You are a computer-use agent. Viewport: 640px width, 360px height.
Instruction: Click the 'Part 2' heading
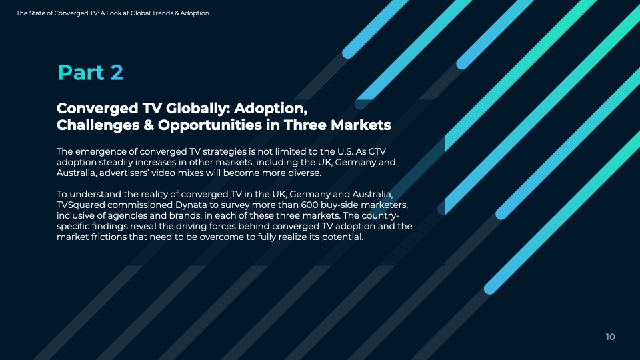[90, 73]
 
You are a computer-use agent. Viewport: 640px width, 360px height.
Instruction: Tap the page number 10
[610, 337]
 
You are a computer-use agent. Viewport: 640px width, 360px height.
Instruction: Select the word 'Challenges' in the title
[98, 125]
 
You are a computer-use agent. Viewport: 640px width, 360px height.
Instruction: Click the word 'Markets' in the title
[361, 125]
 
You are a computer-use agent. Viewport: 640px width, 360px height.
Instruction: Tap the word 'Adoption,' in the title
[271, 109]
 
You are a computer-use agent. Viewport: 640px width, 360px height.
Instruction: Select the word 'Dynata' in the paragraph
[191, 205]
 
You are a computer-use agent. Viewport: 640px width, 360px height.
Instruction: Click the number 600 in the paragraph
[309, 205]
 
